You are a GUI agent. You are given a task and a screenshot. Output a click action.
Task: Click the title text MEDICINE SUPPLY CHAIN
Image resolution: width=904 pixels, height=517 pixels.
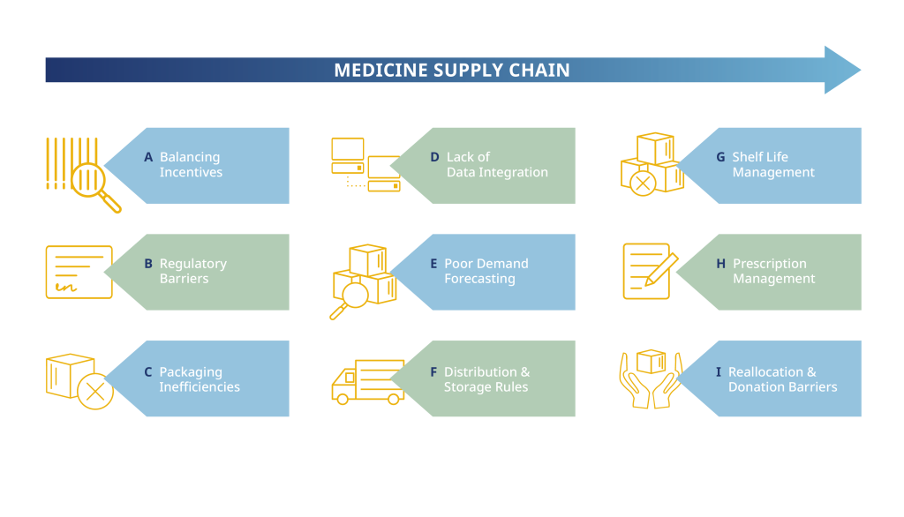coord(451,71)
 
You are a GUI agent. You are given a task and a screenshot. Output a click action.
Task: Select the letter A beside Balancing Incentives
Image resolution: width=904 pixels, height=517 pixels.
coord(148,157)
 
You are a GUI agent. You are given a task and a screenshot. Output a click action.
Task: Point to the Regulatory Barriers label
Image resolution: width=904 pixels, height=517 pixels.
coord(192,271)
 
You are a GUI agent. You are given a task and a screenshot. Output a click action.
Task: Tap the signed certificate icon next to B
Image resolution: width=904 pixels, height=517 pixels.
coord(79,273)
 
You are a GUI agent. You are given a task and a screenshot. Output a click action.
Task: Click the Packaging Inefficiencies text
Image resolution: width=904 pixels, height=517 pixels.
coord(199,379)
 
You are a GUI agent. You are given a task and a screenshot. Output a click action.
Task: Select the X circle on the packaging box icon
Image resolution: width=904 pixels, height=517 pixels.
coord(94,391)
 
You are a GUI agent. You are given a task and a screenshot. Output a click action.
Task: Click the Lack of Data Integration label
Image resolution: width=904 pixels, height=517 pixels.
coord(496,165)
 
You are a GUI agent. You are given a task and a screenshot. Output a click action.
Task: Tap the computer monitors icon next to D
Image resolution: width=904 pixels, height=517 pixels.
coord(365,164)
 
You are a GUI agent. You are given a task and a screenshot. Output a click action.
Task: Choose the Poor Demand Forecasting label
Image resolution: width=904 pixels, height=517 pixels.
coord(486,271)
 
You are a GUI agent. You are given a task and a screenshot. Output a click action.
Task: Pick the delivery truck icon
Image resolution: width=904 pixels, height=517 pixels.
coord(367,381)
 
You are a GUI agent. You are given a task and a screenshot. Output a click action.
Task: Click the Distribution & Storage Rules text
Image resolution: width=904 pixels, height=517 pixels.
coord(486,379)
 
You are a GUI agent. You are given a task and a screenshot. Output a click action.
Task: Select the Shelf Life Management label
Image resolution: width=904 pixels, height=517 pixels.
coord(772,165)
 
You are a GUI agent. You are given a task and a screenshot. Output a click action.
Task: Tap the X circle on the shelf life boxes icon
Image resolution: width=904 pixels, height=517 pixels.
coord(643,183)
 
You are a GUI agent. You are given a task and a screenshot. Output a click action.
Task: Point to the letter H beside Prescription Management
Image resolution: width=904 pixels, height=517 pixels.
coord(720,264)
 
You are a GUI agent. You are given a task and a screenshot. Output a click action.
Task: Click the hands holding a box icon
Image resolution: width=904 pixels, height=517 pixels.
coord(651,378)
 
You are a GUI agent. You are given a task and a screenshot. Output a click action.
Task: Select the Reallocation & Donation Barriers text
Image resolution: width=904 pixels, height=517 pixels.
coord(782,379)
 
